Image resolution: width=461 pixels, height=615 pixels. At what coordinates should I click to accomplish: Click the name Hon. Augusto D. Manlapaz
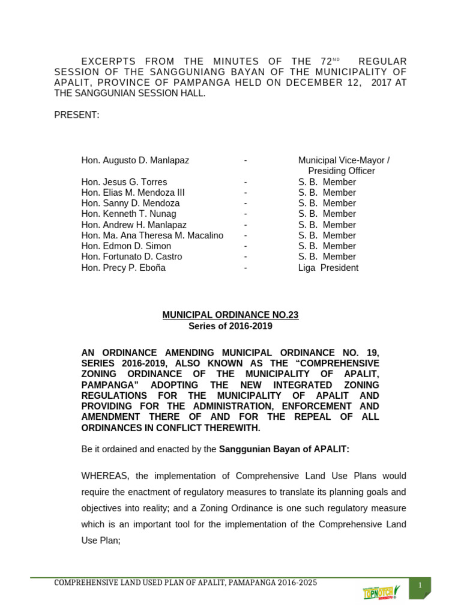[135, 160]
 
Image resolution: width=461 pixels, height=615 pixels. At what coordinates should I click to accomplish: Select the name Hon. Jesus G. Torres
[124, 182]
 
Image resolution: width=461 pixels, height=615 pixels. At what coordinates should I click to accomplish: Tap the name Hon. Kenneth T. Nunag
[128, 214]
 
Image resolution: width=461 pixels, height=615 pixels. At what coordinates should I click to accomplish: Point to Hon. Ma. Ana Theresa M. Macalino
[152, 235]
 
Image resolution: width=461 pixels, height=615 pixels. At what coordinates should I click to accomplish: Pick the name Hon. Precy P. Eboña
[123, 268]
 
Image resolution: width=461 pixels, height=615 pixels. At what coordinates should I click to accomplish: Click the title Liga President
[328, 268]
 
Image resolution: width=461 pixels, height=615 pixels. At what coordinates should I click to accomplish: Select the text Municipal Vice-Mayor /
[343, 160]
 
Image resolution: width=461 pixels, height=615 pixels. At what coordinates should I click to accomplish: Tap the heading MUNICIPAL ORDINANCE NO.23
[230, 315]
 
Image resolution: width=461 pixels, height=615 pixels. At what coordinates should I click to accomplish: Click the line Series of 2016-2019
[230, 326]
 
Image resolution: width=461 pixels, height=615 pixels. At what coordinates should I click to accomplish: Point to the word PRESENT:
[77, 115]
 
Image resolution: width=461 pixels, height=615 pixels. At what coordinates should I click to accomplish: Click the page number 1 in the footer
[420, 586]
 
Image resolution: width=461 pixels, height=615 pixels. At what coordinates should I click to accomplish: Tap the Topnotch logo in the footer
[381, 592]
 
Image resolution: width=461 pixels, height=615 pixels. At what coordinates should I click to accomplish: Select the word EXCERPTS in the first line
[109, 62]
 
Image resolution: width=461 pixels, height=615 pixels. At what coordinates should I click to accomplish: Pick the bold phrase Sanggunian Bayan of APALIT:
[284, 449]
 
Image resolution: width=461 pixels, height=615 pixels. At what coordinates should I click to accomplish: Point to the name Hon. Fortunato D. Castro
[131, 257]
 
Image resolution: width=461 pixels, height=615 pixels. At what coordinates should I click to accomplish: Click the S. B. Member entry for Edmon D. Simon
[327, 246]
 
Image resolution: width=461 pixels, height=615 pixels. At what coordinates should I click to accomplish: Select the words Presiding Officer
[341, 171]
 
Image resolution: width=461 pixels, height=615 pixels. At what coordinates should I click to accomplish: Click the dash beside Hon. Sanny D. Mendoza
[246, 204]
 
